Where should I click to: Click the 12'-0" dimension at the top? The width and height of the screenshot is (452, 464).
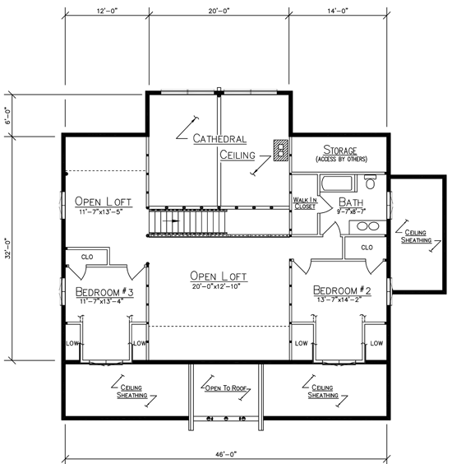click(107, 11)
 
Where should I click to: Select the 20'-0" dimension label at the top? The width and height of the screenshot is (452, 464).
click(219, 11)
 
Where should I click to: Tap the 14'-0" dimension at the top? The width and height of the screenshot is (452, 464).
click(338, 11)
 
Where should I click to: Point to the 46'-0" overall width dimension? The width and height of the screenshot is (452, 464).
click(226, 453)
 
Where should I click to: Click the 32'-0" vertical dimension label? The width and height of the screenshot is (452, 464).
click(8, 248)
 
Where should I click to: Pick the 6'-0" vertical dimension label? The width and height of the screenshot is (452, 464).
click(8, 115)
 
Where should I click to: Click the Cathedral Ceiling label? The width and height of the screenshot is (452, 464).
click(224, 146)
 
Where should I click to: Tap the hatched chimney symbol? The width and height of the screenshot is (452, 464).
click(280, 151)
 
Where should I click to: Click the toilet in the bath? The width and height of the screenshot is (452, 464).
click(370, 182)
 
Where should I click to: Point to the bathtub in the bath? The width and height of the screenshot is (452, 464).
click(337, 183)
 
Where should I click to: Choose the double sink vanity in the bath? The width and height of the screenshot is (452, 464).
click(367, 227)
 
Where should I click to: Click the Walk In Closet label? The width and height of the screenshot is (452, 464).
click(305, 203)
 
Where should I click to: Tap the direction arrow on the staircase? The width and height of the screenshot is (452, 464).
click(171, 220)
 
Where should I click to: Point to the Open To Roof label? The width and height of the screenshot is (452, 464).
click(226, 388)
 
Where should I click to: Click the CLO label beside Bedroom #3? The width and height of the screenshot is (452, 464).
click(87, 257)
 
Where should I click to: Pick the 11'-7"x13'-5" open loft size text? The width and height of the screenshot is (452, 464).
click(101, 212)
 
